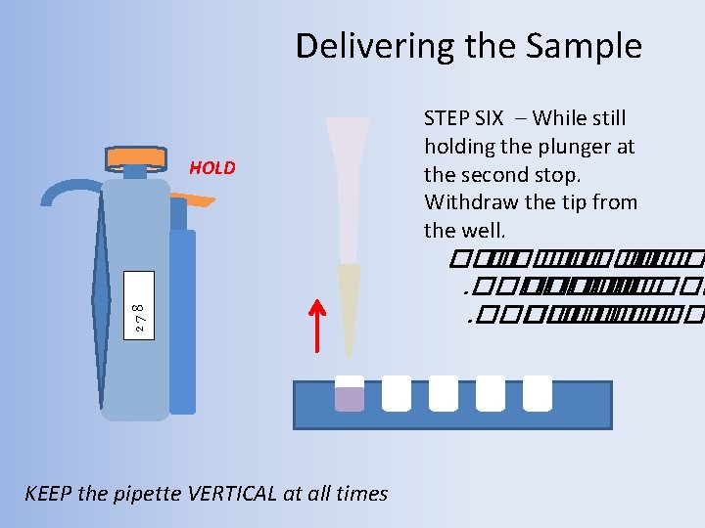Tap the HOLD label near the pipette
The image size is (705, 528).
(x=212, y=167)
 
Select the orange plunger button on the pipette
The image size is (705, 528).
(x=134, y=155)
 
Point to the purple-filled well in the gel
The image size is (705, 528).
(x=350, y=396)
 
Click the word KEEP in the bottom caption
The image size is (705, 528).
(x=48, y=494)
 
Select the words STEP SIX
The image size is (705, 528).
(x=463, y=118)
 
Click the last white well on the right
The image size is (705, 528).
(x=538, y=393)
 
